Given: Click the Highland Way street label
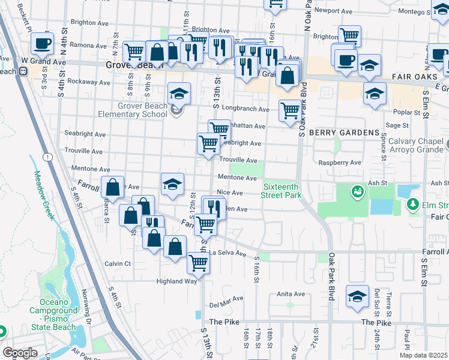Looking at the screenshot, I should [x=176, y=281].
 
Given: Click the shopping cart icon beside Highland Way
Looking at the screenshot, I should [x=198, y=262].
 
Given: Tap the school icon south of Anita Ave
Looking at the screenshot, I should [x=357, y=297].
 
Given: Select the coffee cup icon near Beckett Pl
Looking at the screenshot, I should [x=42, y=43].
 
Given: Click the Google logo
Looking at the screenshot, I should [x=20, y=353].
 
